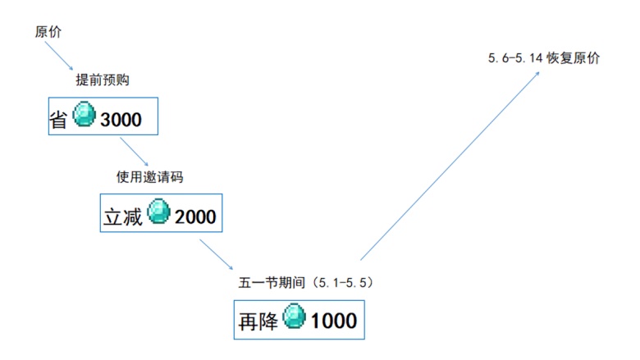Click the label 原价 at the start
pyautogui.click(x=48, y=32)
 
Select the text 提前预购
pyautogui.click(x=103, y=80)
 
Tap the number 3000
pyautogui.click(x=121, y=120)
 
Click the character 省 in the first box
pyautogui.click(x=58, y=120)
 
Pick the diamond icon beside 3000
pyautogui.click(x=85, y=116)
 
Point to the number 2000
pyautogui.click(x=195, y=216)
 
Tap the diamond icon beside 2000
pyautogui.click(x=158, y=212)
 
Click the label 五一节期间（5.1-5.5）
pyautogui.click(x=305, y=281)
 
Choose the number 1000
pyautogui.click(x=334, y=320)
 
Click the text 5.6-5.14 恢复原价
pyautogui.click(x=544, y=59)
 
